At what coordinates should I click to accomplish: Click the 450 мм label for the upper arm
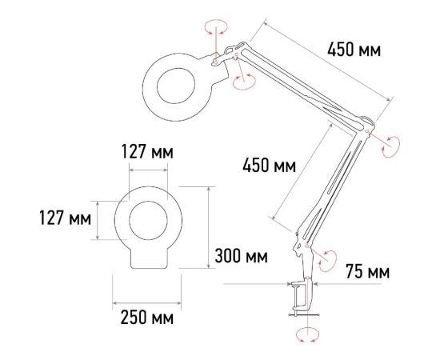353,50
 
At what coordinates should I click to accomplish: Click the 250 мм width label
146,318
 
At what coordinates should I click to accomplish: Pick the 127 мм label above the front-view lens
146,152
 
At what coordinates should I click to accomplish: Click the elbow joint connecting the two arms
366,125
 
